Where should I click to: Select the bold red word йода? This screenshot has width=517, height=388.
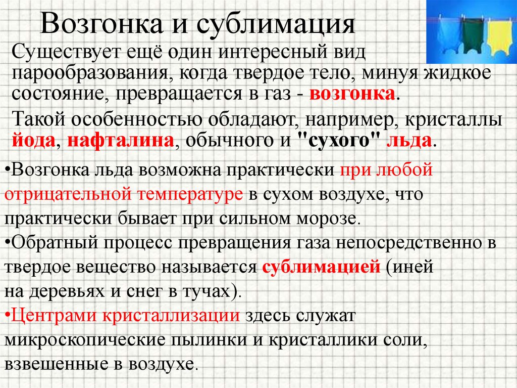[x=33, y=140]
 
